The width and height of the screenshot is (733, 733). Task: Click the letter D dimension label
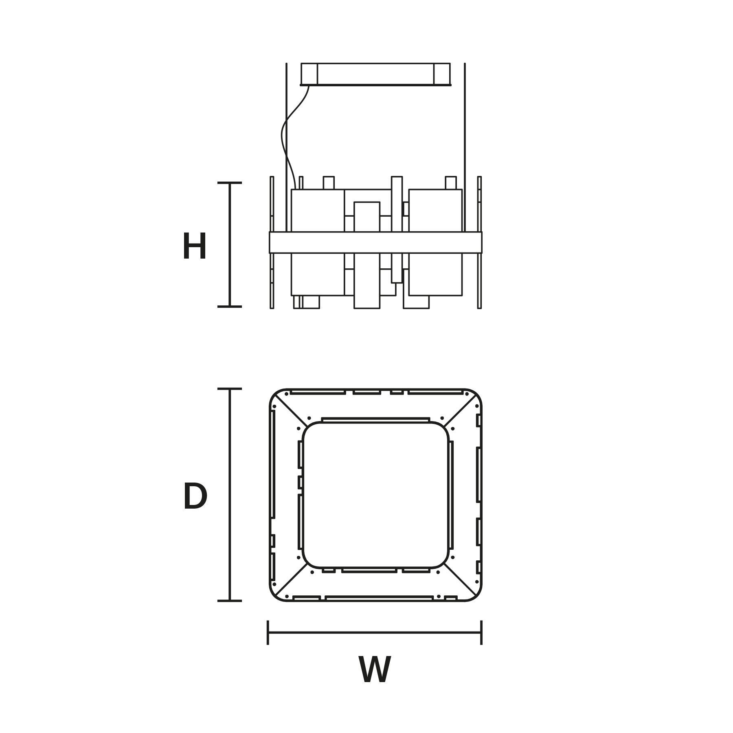[195, 496]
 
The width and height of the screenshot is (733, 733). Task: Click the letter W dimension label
[375, 669]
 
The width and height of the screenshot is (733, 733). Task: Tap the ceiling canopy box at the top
[375, 75]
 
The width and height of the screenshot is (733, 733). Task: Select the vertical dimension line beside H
[230, 245]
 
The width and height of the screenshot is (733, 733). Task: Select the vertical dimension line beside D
[230, 495]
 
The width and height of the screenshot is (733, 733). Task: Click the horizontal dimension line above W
[375, 632]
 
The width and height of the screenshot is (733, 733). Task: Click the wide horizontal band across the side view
[375, 242]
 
